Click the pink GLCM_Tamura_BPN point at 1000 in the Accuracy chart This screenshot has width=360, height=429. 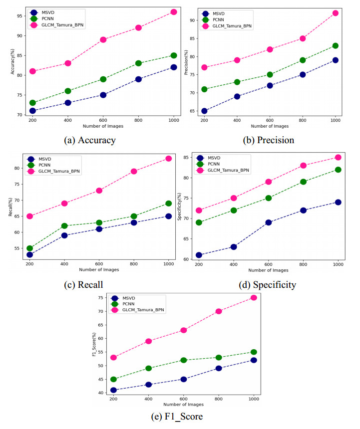tap(174, 11)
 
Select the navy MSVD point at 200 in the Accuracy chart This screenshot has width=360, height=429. tap(32, 111)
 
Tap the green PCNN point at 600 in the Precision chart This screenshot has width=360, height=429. tap(270, 74)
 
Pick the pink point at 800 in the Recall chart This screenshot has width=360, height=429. tap(134, 171)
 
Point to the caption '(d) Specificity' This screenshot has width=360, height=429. tap(268, 285)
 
